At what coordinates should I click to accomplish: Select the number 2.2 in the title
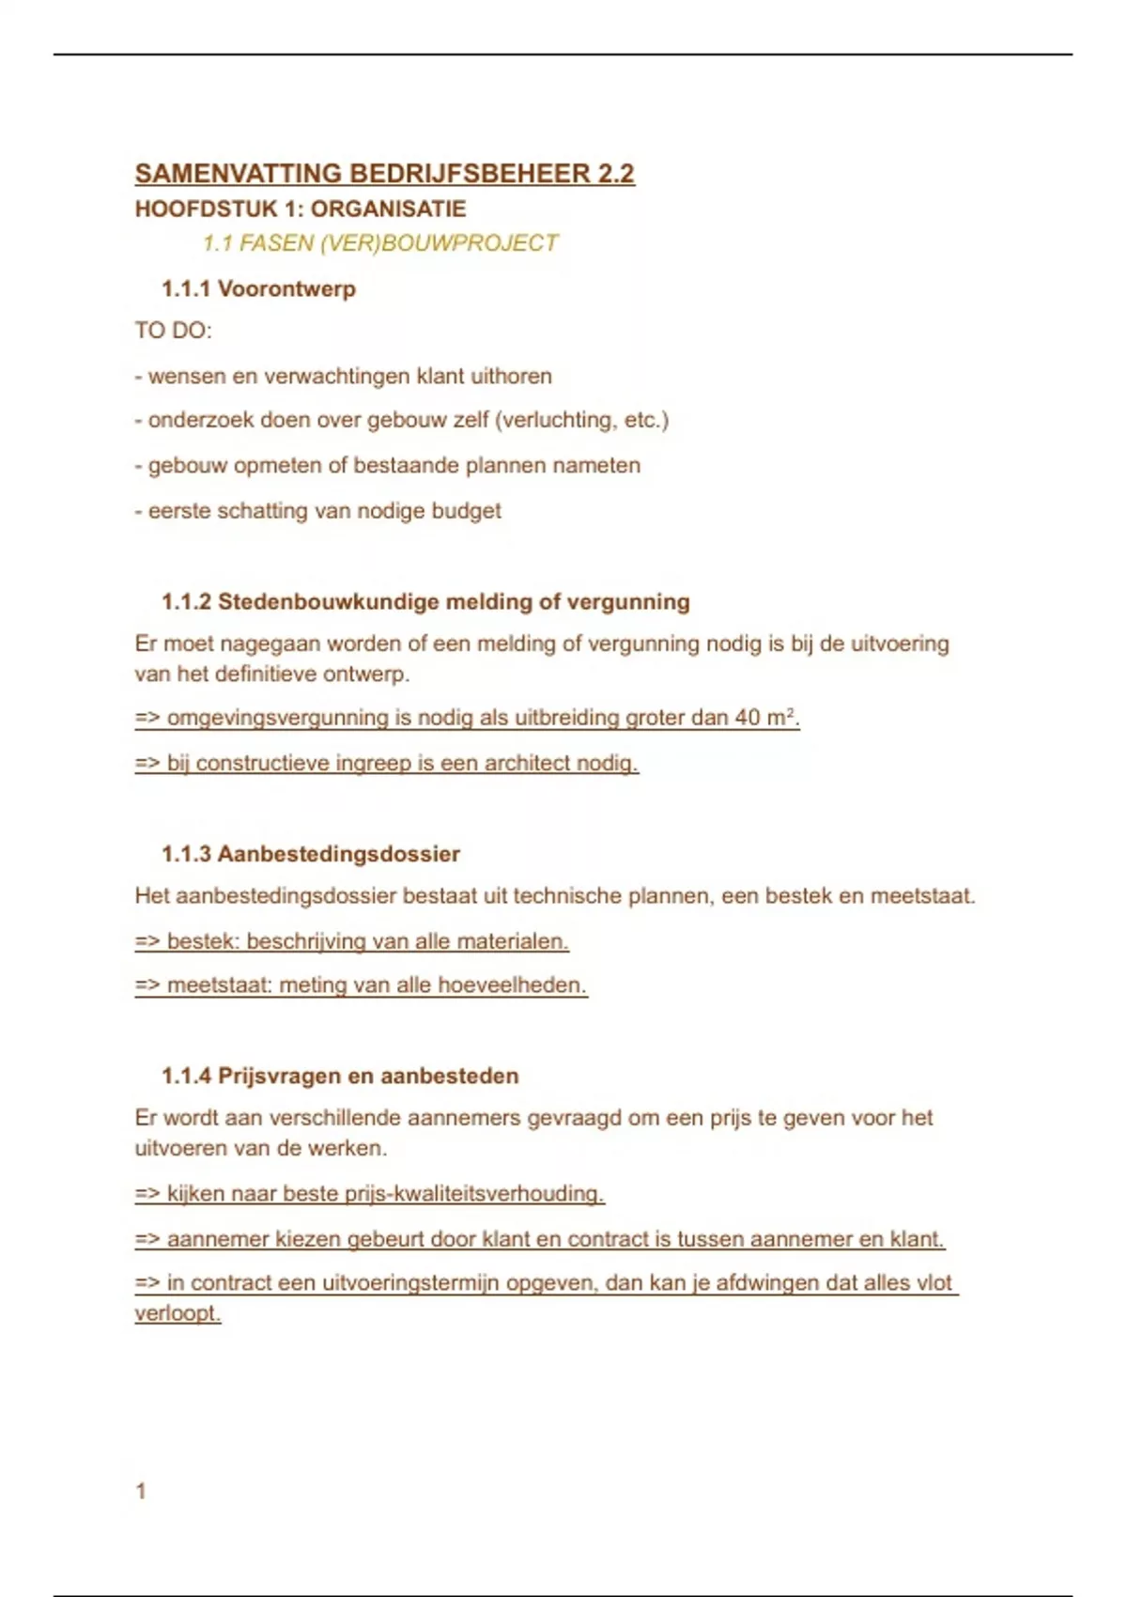click(x=616, y=174)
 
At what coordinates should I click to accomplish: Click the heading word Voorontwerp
click(x=286, y=288)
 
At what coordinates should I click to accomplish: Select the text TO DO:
click(x=173, y=331)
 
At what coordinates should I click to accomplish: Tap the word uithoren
click(x=511, y=376)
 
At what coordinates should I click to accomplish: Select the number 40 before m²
click(x=748, y=718)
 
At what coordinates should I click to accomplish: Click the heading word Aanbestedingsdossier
click(x=338, y=854)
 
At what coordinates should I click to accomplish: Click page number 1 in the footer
click(x=141, y=1491)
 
